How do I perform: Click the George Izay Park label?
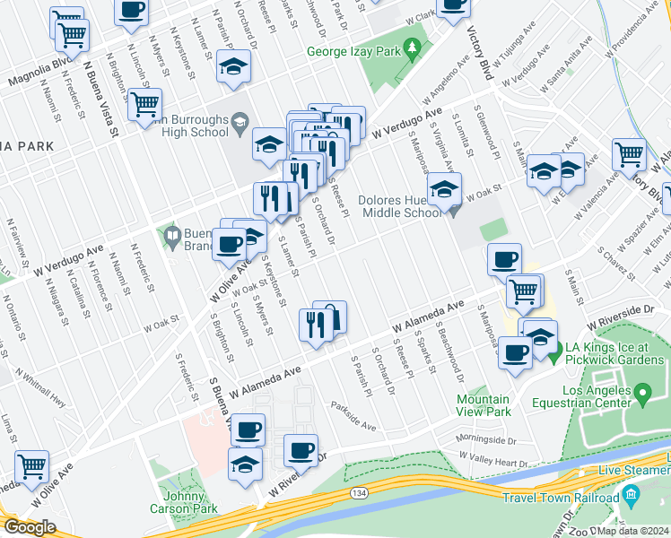coord(353,52)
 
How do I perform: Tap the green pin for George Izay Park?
coord(413,48)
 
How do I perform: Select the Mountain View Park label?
coord(484,405)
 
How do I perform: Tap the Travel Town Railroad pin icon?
coord(631,495)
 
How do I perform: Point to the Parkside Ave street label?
coord(353,414)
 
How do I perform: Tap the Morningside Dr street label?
coord(488,439)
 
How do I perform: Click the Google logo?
coord(29,527)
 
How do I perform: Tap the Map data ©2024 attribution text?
coord(633,529)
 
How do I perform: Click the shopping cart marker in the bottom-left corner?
coord(31,464)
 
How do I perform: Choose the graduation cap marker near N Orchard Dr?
coord(233,67)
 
